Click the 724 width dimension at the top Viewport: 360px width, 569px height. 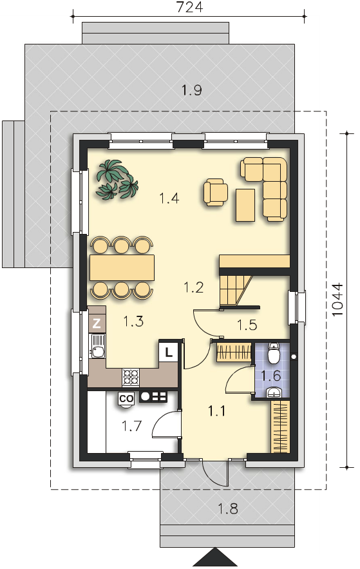point(189,7)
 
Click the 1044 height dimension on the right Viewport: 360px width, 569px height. point(337,300)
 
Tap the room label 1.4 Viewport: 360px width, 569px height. point(169,198)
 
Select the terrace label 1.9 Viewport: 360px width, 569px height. point(192,90)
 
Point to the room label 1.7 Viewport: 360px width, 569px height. point(131,426)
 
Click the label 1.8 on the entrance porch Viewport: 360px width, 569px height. point(228,509)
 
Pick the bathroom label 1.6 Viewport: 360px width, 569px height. point(272,376)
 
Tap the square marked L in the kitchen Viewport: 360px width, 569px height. point(168,352)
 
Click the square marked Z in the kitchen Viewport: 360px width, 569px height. point(97,323)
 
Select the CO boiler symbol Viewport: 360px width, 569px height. point(126,399)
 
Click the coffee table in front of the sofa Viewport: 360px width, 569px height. point(245,205)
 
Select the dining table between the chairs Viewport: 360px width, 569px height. point(122,268)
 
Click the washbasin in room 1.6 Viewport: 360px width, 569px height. point(274,392)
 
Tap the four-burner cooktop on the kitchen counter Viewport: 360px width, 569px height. point(131,377)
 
